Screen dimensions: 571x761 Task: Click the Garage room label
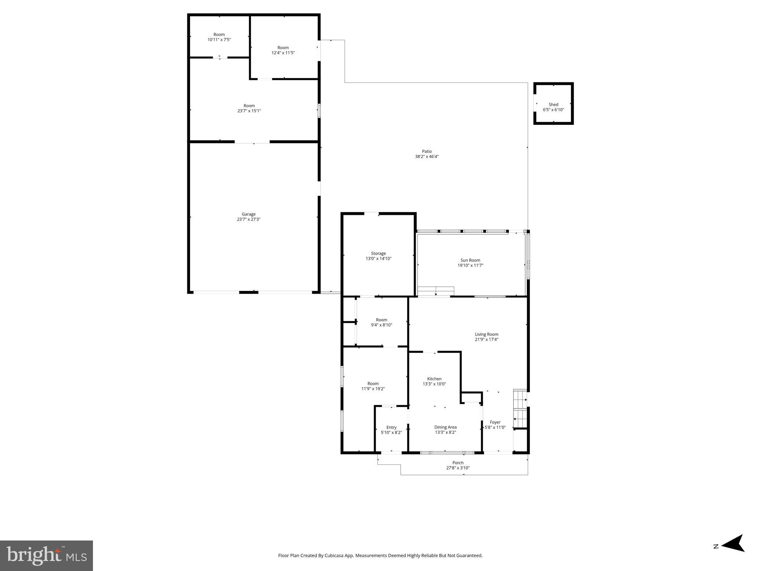[x=248, y=214]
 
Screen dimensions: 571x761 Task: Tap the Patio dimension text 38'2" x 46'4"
[x=426, y=157]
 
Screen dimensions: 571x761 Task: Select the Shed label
[x=553, y=105]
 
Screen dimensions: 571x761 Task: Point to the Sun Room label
[x=470, y=260]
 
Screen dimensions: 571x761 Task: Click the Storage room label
[x=378, y=254]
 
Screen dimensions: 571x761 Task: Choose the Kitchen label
[x=434, y=379]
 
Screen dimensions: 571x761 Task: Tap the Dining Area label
[x=445, y=427]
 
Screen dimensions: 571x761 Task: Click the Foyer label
[x=495, y=422]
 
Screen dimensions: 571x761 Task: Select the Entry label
[x=391, y=428]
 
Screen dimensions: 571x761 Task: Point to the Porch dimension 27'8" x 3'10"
[x=458, y=468]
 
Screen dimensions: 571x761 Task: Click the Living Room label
[x=486, y=334]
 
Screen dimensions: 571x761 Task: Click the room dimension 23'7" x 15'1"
[x=249, y=111]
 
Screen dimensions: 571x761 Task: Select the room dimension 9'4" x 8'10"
[x=381, y=325]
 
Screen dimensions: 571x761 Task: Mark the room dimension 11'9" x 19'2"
[x=373, y=389]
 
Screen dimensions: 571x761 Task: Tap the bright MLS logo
[x=46, y=555]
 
